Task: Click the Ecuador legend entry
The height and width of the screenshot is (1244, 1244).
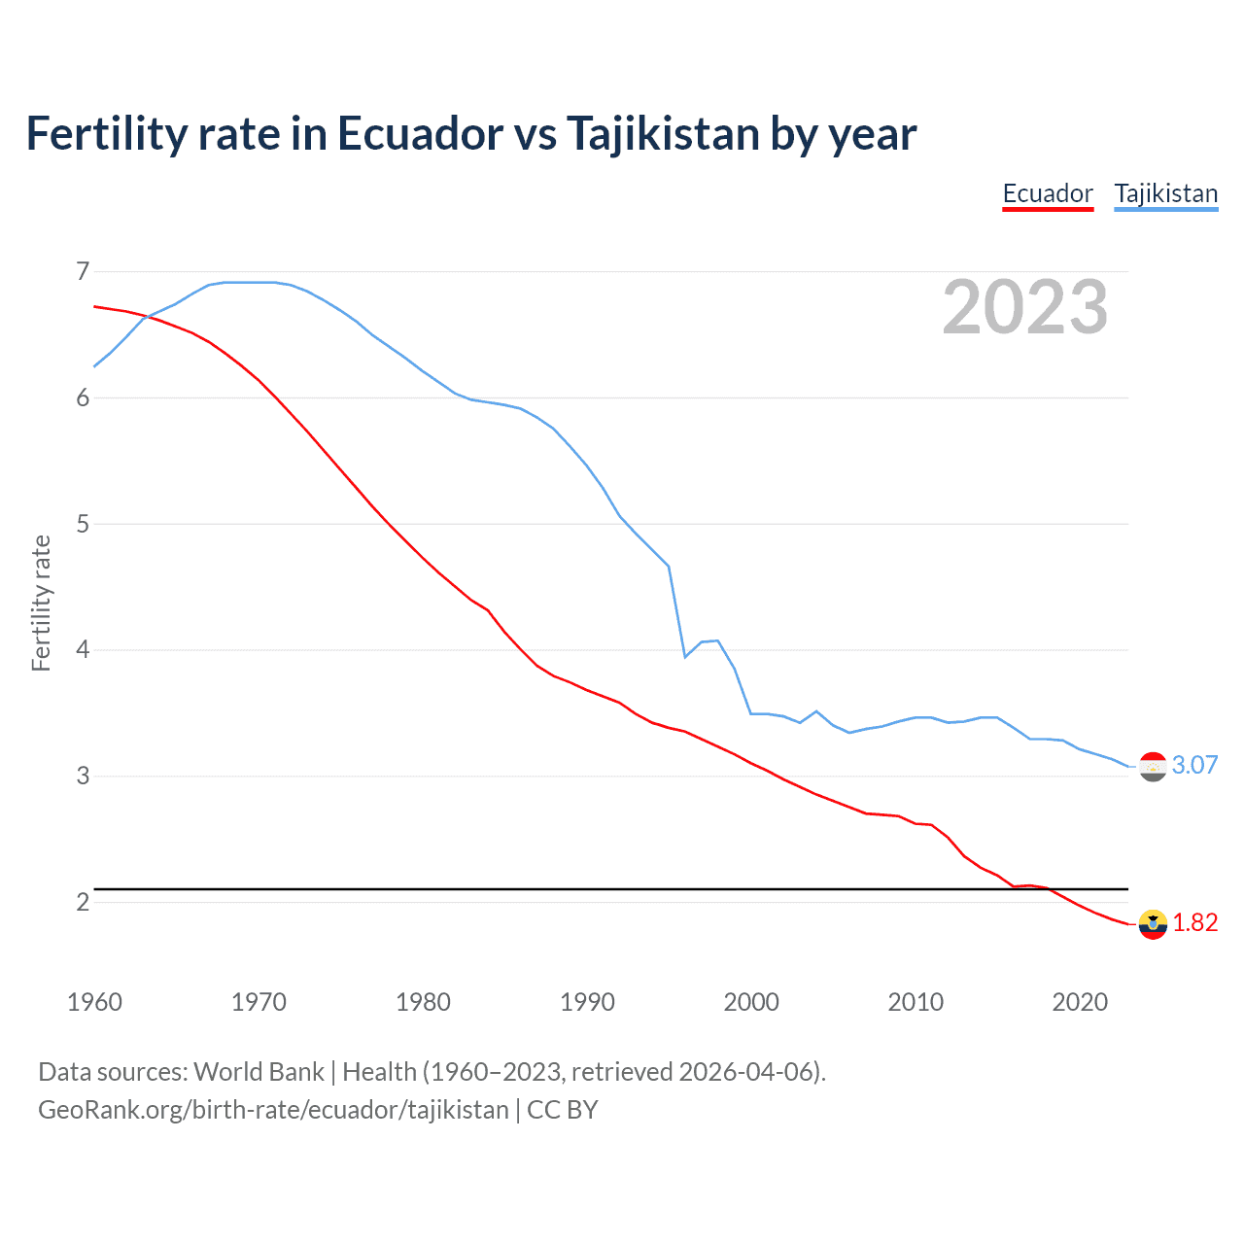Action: pyautogui.click(x=1047, y=193)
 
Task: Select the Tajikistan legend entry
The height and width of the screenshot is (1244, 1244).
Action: pyautogui.click(x=1165, y=193)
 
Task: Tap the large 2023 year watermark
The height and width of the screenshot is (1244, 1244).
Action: pyautogui.click(x=1024, y=307)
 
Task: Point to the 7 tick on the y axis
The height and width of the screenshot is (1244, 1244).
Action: pyautogui.click(x=83, y=271)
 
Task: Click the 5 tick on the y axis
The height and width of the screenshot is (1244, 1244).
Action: pyautogui.click(x=83, y=524)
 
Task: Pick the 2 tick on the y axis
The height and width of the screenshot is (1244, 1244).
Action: pyautogui.click(x=83, y=902)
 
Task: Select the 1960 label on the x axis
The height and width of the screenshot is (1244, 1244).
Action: pyautogui.click(x=94, y=1002)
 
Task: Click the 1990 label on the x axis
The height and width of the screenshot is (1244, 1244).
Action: pyautogui.click(x=587, y=1002)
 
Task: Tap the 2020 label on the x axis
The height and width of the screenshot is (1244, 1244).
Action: pyautogui.click(x=1080, y=1002)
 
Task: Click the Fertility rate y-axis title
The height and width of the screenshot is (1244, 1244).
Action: pyautogui.click(x=41, y=603)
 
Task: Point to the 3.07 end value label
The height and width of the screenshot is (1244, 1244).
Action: pyautogui.click(x=1194, y=765)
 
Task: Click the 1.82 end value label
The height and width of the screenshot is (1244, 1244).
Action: pyautogui.click(x=1194, y=922)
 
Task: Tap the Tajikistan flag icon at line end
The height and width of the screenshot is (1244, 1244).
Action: pyautogui.click(x=1153, y=767)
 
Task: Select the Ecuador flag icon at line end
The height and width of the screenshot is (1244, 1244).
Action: pyautogui.click(x=1153, y=924)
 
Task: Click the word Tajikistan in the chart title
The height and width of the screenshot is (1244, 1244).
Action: pyautogui.click(x=662, y=134)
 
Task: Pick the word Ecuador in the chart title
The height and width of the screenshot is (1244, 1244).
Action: pyautogui.click(x=420, y=134)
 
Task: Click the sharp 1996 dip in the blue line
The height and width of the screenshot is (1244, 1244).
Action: pyautogui.click(x=685, y=657)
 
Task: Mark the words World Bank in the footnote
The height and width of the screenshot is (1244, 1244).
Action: pyautogui.click(x=259, y=1072)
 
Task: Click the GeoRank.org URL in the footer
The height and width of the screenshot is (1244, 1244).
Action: pyautogui.click(x=273, y=1110)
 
